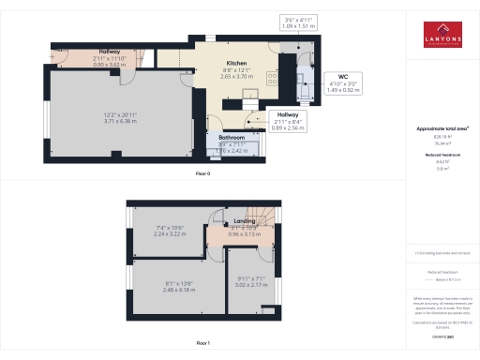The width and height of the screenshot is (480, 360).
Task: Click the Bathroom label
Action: pyautogui.click(x=232, y=137)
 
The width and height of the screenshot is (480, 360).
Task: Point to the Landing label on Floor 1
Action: pyautogui.click(x=245, y=221)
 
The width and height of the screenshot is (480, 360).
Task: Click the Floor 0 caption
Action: pyautogui.click(x=204, y=173)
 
